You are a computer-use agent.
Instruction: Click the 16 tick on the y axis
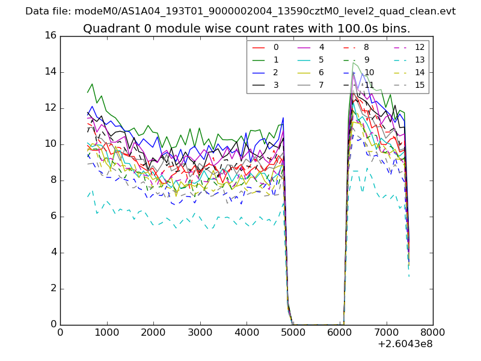pos(50,35)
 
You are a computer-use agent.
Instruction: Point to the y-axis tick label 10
pos(50,144)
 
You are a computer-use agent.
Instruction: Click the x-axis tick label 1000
pos(106,332)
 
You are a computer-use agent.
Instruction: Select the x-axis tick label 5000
pos(293,332)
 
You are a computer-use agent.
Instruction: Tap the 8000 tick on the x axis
pos(432,332)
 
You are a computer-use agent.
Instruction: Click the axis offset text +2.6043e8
pos(405,344)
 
